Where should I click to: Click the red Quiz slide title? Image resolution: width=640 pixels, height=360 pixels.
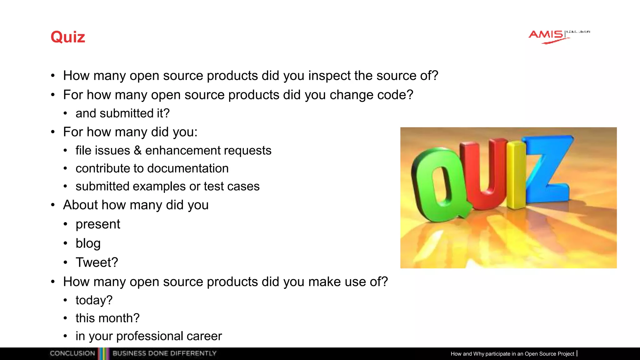point(68,37)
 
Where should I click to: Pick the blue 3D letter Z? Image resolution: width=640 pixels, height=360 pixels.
point(548,169)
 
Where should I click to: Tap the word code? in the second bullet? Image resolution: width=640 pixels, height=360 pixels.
point(395,95)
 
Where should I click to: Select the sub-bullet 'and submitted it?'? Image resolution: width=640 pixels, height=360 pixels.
point(122,113)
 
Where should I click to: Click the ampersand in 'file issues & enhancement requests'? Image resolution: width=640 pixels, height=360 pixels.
point(137,151)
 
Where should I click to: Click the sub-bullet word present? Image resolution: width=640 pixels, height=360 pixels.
point(98,224)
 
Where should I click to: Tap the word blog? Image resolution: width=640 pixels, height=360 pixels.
point(88,243)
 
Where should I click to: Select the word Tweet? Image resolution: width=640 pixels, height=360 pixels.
point(97,262)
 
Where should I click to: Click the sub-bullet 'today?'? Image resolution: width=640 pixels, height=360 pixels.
point(94,300)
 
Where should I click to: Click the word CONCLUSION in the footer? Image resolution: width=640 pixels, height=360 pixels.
point(72,353)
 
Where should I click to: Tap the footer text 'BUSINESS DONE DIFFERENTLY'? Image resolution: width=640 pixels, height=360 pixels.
point(164,353)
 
